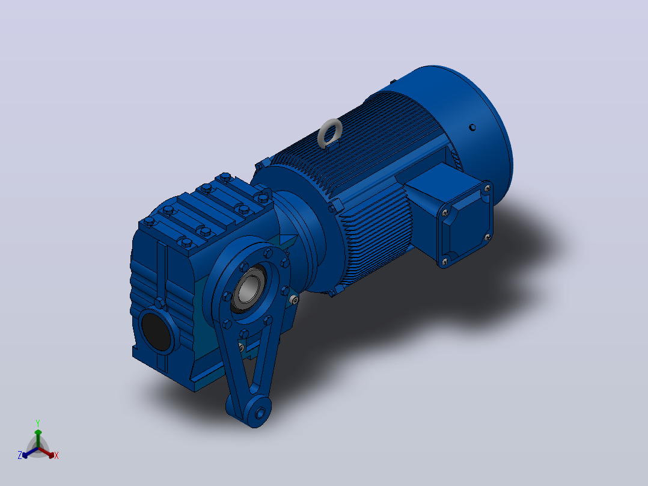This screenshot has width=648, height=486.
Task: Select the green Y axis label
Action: (38, 423)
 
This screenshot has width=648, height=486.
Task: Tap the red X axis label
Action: (57, 455)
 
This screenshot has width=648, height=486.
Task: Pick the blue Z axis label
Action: (20, 455)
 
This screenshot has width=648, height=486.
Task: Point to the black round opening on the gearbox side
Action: (156, 332)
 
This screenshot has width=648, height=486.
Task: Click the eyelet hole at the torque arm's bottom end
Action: (260, 413)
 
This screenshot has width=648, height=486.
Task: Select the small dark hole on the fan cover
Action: (472, 128)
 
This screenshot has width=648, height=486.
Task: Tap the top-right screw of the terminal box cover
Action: (488, 189)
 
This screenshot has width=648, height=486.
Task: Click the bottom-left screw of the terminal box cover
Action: (445, 262)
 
